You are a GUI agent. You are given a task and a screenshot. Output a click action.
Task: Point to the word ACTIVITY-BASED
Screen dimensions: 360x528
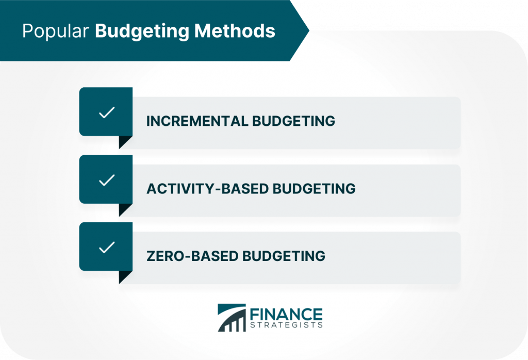click(207, 188)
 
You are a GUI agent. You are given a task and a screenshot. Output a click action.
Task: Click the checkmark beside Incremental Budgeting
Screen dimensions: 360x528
click(106, 113)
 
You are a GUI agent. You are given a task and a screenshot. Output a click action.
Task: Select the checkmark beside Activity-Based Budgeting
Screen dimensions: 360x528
click(106, 180)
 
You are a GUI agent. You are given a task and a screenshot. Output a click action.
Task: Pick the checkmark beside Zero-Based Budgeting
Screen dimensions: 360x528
click(106, 248)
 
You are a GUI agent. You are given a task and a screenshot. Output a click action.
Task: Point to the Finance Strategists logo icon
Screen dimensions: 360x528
click(232, 318)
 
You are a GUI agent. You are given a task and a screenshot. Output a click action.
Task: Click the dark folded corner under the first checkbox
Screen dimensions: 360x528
click(124, 142)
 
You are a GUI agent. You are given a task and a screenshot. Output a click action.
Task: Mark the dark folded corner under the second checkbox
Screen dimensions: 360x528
click(124, 209)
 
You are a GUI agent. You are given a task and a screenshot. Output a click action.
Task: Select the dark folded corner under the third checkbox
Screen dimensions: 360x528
click(124, 276)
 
